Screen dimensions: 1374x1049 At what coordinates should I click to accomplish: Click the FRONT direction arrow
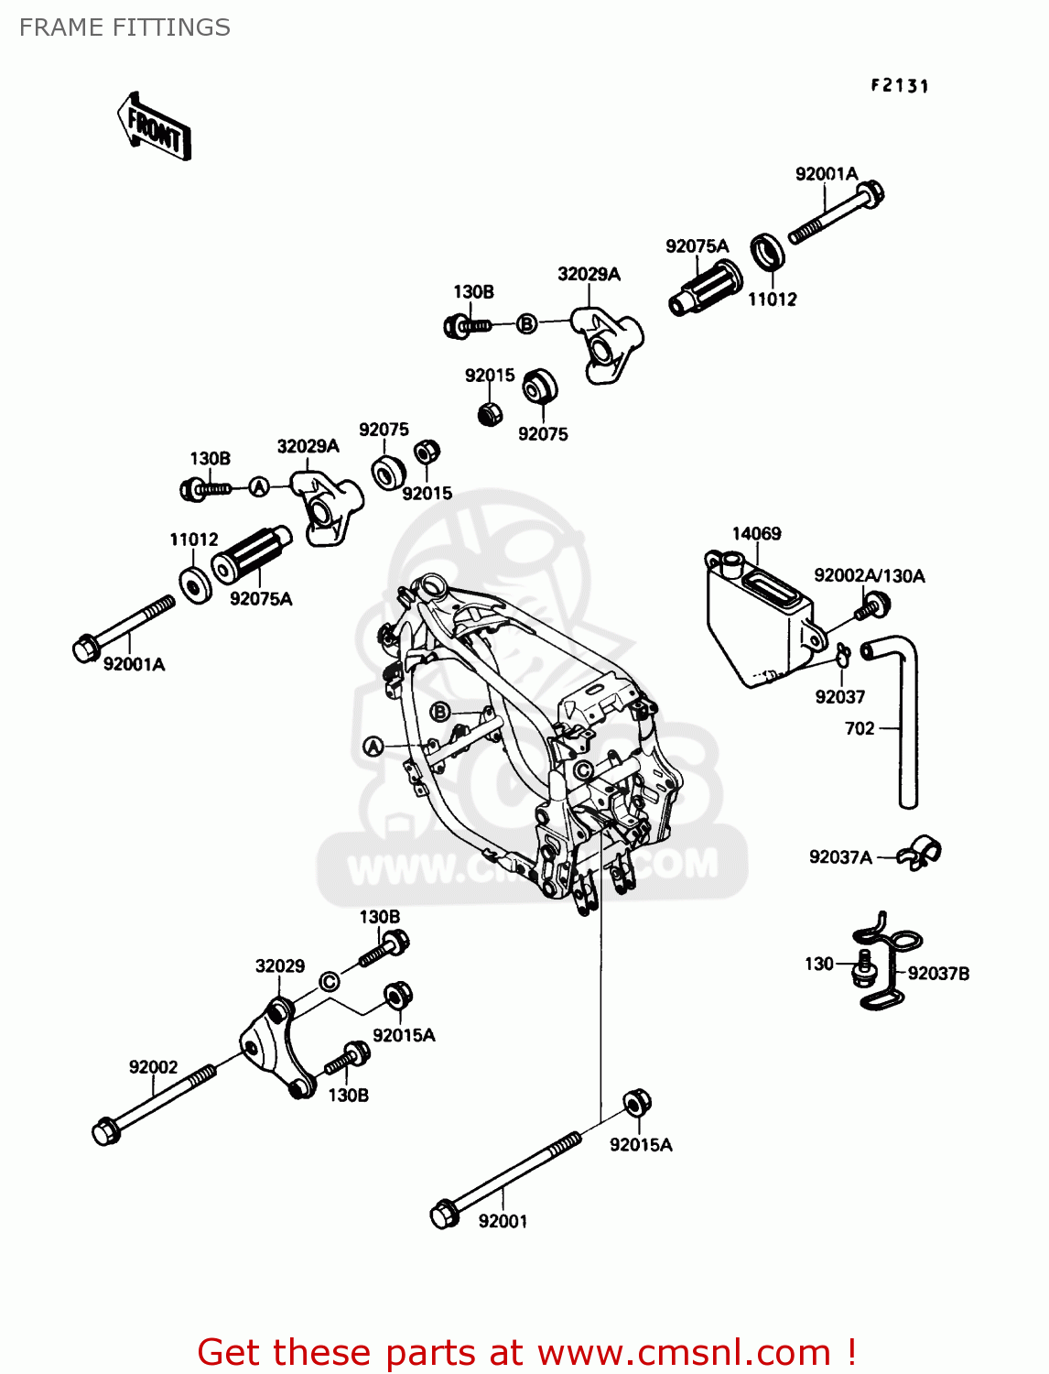(154, 127)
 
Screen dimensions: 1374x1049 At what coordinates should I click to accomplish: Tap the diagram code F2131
(899, 86)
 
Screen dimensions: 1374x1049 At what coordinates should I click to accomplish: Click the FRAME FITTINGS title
(124, 27)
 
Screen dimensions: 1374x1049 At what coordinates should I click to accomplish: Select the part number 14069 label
(756, 534)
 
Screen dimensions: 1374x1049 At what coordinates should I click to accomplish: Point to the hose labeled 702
(905, 724)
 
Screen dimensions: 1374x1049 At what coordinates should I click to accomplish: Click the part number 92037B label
(938, 974)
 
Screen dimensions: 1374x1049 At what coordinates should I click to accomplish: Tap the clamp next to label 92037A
(918, 854)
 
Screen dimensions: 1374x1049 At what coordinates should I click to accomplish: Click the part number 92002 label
(153, 1067)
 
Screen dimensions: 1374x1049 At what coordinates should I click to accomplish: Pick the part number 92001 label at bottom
(503, 1221)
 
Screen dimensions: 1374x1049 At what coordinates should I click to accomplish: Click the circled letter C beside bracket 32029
(329, 982)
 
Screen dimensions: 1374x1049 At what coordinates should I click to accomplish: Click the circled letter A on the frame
(373, 747)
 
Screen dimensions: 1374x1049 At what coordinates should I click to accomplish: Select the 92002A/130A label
(869, 576)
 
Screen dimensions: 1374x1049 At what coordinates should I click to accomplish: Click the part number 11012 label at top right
(772, 300)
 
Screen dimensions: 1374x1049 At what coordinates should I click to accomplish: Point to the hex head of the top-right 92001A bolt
(871, 193)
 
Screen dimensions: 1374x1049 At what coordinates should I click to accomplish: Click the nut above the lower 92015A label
(637, 1103)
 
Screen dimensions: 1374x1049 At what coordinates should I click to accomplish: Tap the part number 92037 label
(839, 697)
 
